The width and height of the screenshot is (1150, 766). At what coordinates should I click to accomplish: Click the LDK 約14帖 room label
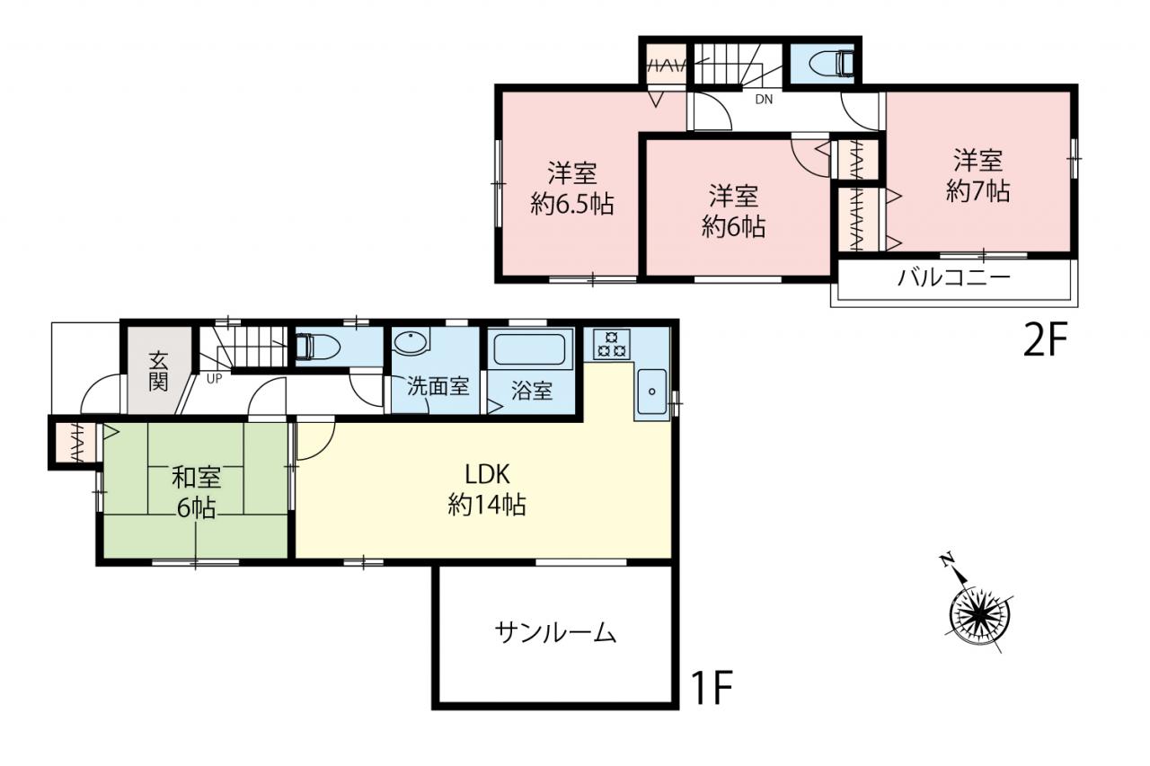tap(487, 489)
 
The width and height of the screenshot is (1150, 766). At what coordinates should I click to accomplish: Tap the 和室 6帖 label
tap(196, 492)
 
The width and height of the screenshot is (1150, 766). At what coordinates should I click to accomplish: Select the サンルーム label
tap(555, 632)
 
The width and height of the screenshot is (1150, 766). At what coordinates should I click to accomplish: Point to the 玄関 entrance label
tap(159, 372)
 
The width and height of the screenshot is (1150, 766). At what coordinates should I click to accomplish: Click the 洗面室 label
tap(438, 386)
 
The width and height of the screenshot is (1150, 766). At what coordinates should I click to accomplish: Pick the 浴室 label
tap(531, 391)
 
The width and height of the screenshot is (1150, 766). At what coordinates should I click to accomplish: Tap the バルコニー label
tap(954, 278)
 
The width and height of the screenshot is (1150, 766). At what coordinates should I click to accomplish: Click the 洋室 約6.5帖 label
tap(572, 189)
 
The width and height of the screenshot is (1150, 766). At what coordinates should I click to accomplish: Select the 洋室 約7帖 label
tap(978, 175)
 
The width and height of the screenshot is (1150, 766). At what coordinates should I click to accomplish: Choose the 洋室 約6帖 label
tap(734, 211)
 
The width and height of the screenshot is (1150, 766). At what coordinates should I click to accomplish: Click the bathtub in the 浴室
tap(529, 348)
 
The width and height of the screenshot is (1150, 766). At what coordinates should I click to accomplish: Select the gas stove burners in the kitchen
tap(611, 344)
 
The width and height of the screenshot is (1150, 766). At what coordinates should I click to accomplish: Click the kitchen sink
tap(651, 392)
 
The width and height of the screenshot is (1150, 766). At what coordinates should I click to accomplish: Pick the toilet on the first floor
tap(318, 348)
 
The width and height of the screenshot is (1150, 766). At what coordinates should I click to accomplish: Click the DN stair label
tap(764, 100)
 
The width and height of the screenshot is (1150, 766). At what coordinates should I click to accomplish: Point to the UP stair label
tap(215, 379)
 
